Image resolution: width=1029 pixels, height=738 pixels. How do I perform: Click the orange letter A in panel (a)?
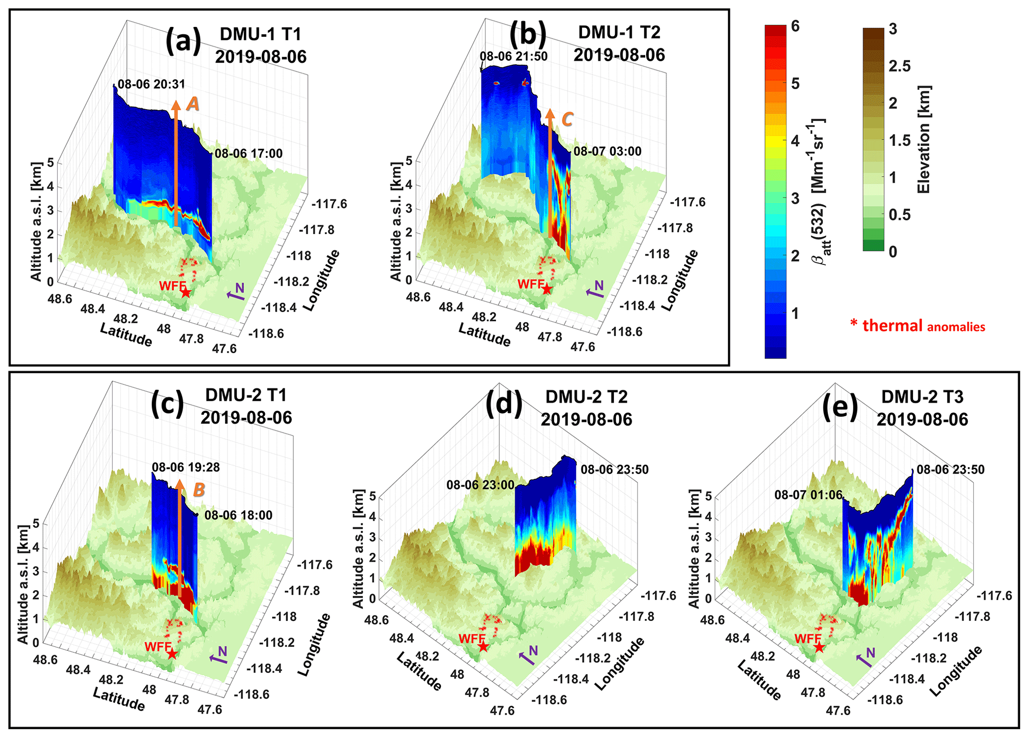[193, 104]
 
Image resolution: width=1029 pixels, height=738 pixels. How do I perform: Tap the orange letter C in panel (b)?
[567, 119]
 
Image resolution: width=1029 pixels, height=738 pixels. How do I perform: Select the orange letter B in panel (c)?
[199, 490]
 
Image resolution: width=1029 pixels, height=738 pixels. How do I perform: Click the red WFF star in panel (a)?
[186, 293]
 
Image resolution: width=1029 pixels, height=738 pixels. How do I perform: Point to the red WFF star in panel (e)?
[819, 647]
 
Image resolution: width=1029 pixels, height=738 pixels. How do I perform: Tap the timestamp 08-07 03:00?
[607, 151]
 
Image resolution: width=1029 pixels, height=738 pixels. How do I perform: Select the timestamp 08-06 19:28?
[186, 467]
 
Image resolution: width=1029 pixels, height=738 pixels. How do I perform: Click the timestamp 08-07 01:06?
[808, 495]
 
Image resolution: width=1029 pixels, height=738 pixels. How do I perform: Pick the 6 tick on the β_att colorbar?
[795, 26]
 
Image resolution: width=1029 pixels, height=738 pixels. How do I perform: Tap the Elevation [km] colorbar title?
[923, 139]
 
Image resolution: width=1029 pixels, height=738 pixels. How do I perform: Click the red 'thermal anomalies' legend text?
[918, 326]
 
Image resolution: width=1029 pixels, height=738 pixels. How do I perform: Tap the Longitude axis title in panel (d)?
[620, 664]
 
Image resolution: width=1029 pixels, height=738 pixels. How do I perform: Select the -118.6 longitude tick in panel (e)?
[885, 700]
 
